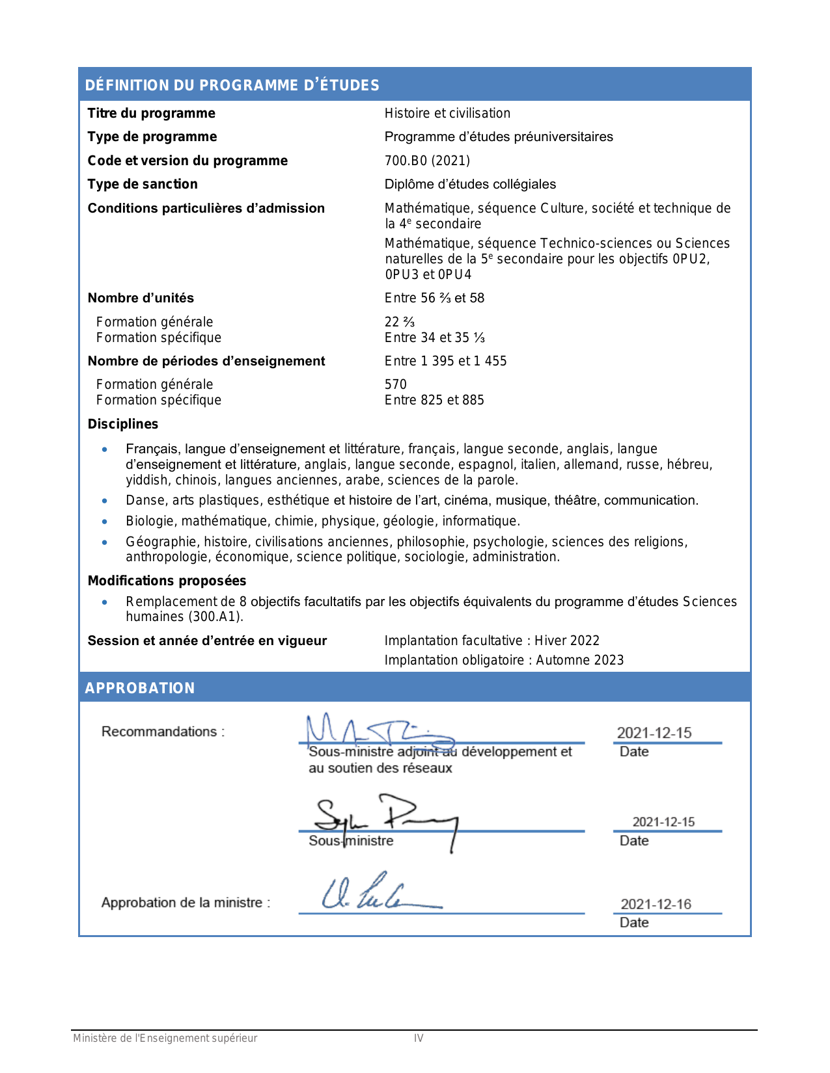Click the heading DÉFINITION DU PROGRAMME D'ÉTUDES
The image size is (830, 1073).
point(232,85)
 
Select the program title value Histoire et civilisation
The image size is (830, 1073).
point(447,113)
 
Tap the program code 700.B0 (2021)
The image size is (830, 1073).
point(427,161)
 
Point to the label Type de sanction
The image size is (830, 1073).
point(143,184)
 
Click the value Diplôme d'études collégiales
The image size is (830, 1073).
point(470,184)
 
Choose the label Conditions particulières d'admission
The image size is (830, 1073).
point(206,208)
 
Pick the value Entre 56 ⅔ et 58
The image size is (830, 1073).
point(434,298)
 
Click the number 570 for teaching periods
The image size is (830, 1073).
point(395,384)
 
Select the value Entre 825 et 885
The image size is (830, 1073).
point(434,400)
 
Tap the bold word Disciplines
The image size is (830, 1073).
point(123,424)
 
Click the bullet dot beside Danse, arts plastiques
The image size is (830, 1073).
point(105,501)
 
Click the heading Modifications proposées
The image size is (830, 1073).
point(167,581)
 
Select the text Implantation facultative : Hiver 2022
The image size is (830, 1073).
point(491,641)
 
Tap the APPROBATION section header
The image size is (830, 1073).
point(140,688)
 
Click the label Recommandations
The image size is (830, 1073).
point(163,732)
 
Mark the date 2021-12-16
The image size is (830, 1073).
point(656,904)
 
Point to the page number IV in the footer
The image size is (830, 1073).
point(419,1038)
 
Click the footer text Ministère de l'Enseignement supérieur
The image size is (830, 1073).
point(165,1038)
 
